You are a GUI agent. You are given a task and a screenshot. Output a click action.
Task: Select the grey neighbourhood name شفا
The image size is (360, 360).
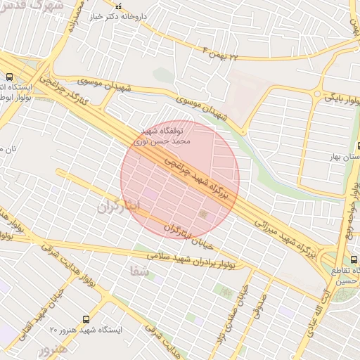coord(139,270)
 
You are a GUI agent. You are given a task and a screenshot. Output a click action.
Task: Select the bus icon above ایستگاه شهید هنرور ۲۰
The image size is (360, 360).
coord(86,319)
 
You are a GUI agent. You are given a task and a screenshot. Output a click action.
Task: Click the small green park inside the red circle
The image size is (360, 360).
coord(205,213)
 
